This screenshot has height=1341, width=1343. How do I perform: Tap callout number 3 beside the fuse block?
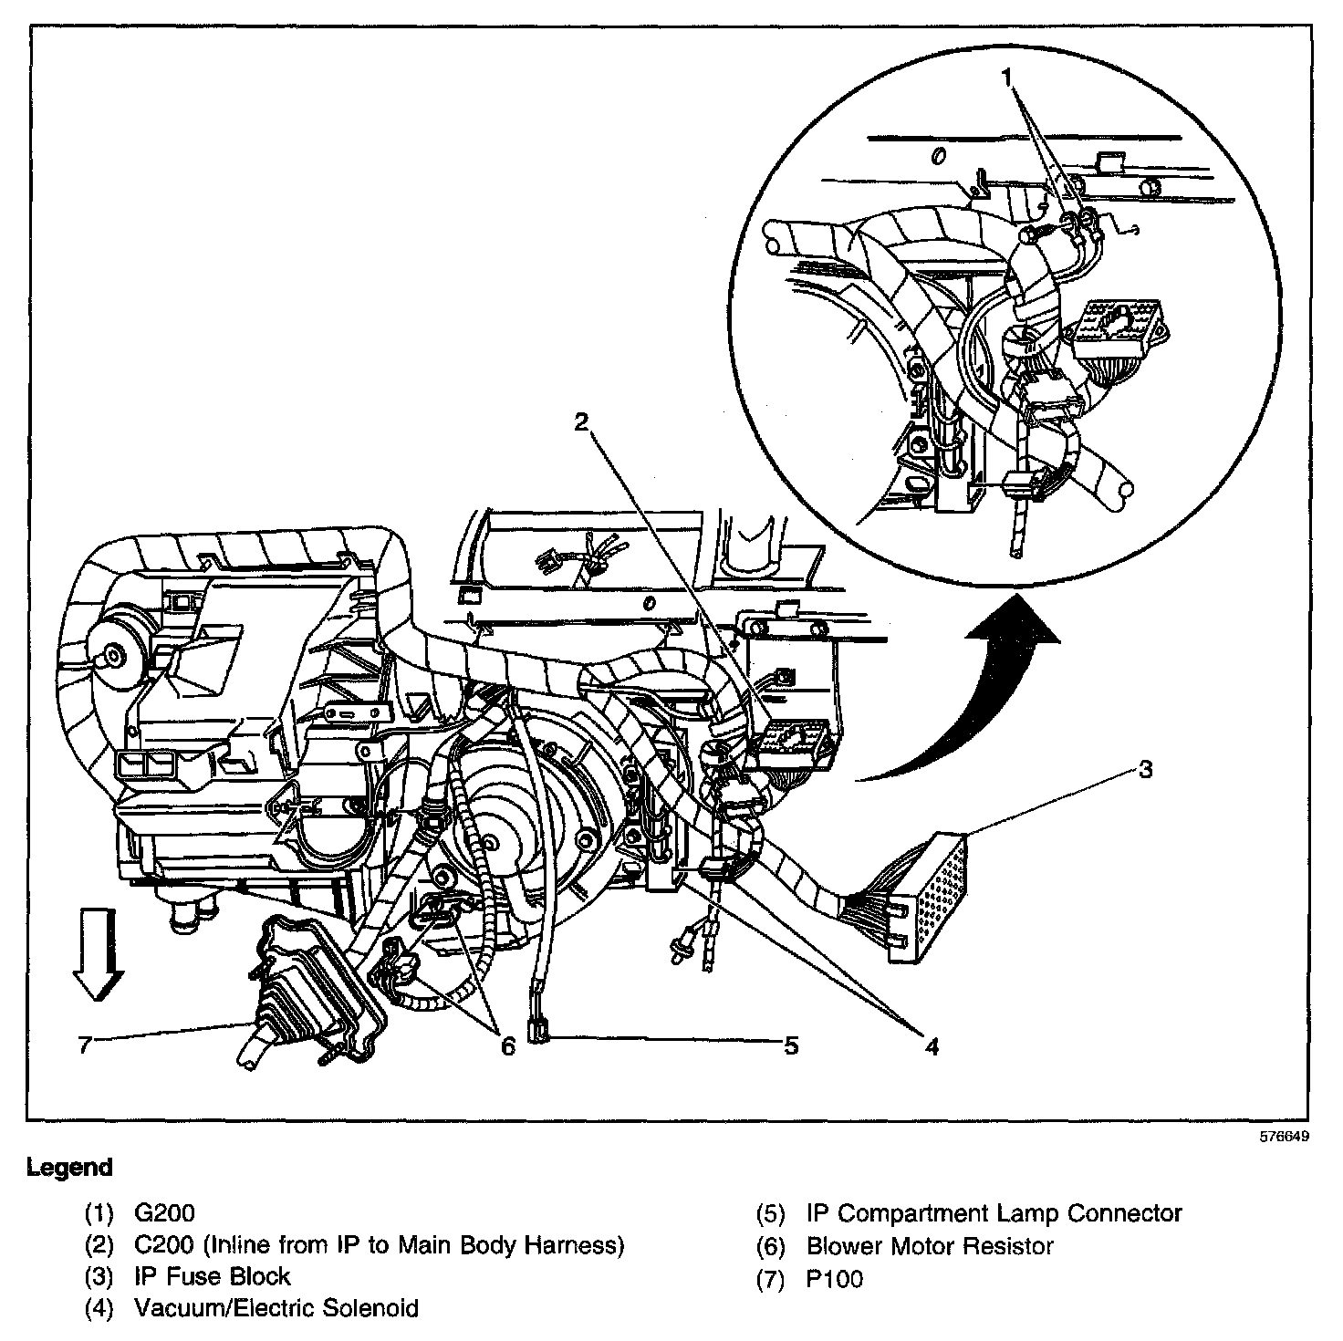pyautogui.click(x=1146, y=769)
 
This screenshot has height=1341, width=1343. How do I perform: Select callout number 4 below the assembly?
pyautogui.click(x=931, y=1046)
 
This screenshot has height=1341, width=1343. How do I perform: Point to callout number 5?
pyautogui.click(x=790, y=1045)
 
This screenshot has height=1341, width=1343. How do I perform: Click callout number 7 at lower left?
pyautogui.click(x=85, y=1045)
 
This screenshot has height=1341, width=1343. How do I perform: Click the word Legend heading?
pyautogui.click(x=70, y=1167)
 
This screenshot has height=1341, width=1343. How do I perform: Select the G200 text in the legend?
pyautogui.click(x=164, y=1213)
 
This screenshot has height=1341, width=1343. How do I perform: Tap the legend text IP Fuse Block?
pyautogui.click(x=212, y=1276)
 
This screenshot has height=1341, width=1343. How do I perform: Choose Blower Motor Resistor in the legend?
pyautogui.click(x=930, y=1245)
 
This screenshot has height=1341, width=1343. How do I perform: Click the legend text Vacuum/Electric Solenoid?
pyautogui.click(x=276, y=1308)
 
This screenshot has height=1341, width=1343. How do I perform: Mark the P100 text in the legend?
pyautogui.click(x=834, y=1278)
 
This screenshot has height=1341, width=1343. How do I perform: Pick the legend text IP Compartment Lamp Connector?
pyautogui.click(x=994, y=1213)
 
